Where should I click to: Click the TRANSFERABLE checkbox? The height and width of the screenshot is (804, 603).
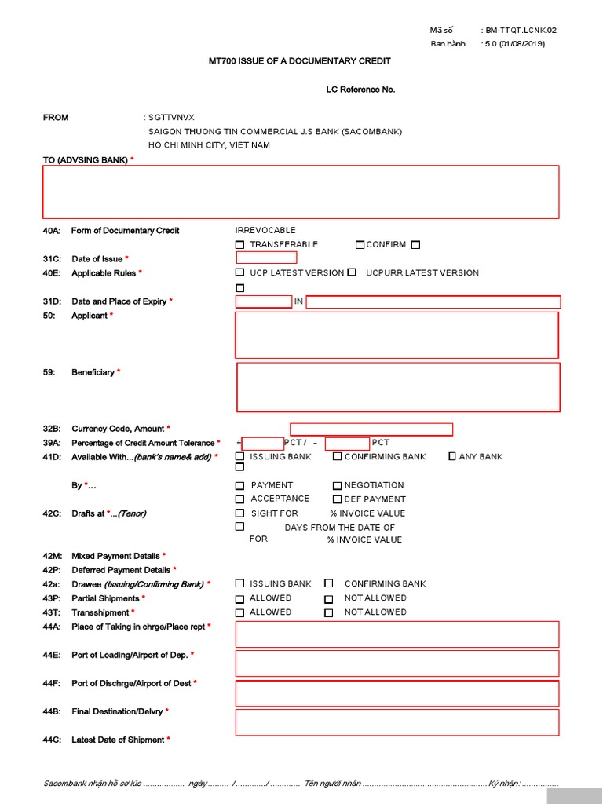point(240,245)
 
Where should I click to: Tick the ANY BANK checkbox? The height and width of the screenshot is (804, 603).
point(452,456)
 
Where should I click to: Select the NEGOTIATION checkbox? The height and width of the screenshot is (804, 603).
point(338,486)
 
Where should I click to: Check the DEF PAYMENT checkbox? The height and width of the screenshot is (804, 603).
point(338,499)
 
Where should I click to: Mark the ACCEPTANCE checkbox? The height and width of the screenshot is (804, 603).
point(240,499)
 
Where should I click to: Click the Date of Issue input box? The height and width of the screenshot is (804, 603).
point(266,258)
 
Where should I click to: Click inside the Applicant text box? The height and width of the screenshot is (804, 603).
point(397,334)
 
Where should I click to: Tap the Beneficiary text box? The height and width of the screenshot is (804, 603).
point(398,387)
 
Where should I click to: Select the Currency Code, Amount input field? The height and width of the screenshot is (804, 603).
point(371,429)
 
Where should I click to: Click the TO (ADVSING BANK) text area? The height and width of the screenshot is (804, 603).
point(301,192)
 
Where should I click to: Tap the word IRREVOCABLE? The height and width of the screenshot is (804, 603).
point(265,230)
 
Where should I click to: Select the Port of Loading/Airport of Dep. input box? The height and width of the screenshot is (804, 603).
point(397,663)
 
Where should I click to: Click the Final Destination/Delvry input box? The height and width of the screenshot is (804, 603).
point(397,722)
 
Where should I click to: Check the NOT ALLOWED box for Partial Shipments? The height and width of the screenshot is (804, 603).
point(329,599)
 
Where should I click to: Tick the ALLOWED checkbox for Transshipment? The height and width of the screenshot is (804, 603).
point(240,613)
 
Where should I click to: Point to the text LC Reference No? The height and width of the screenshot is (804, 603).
point(360,90)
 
